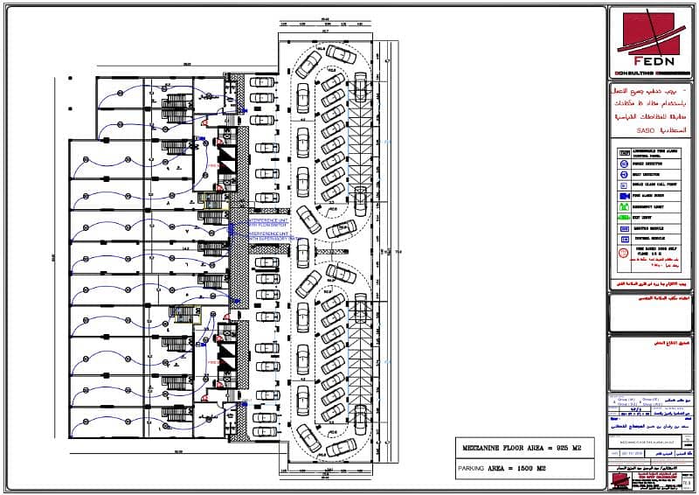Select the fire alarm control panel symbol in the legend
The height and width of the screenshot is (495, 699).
[x=623, y=150]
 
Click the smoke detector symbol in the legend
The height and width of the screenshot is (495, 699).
[x=623, y=163]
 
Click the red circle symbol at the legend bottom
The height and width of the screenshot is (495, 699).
[x=623, y=254]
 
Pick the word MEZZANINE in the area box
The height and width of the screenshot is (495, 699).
[x=483, y=447]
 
